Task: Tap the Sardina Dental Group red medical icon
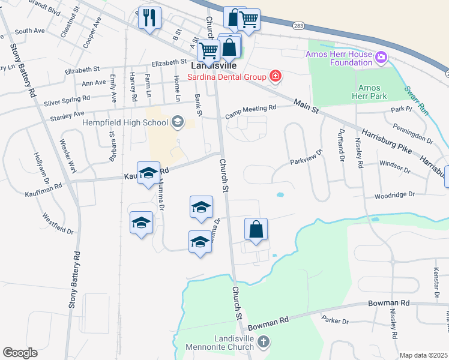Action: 275,76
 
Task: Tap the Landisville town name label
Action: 213,65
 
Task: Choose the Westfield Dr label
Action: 58,223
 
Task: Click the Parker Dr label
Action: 336,321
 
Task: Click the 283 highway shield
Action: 298,26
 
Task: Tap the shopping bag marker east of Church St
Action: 256,229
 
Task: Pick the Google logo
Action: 20,353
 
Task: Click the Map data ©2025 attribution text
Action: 423,355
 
